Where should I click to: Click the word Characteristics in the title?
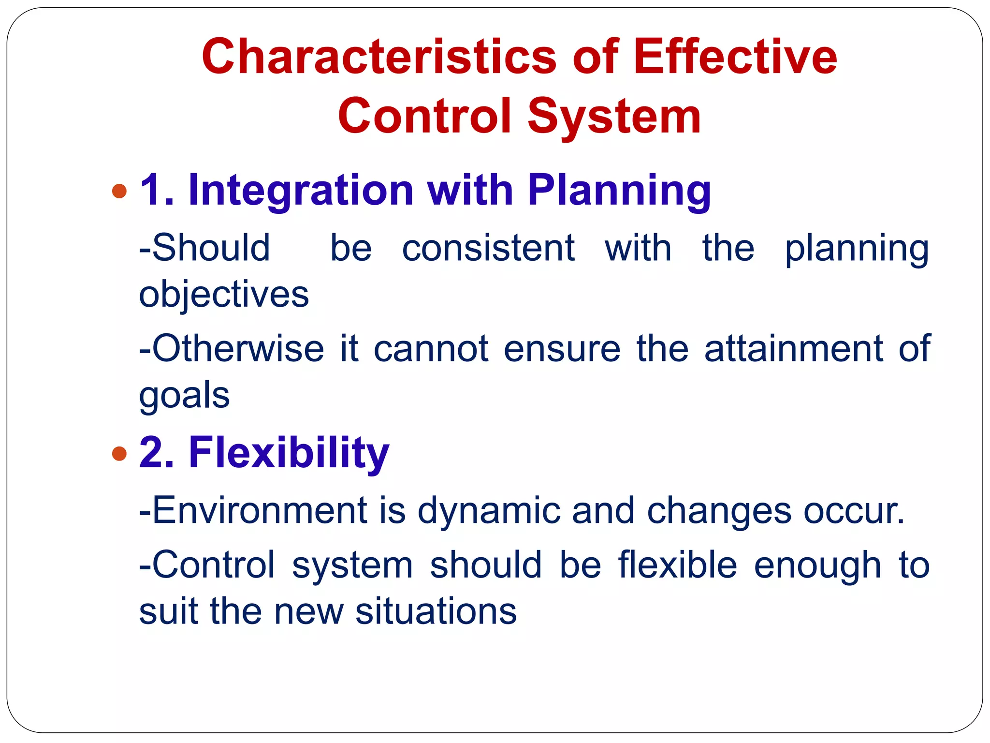(379, 58)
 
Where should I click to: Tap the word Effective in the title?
(735, 58)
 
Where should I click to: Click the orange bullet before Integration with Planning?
(119, 191)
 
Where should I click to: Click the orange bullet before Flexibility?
(119, 454)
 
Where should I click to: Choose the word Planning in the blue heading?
(619, 190)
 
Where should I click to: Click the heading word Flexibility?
(289, 453)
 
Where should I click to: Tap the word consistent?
(488, 248)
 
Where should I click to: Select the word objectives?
(224, 295)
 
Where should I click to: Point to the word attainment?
(793, 349)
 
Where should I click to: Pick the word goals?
(184, 396)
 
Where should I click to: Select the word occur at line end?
(853, 510)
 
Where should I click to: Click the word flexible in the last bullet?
(678, 565)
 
